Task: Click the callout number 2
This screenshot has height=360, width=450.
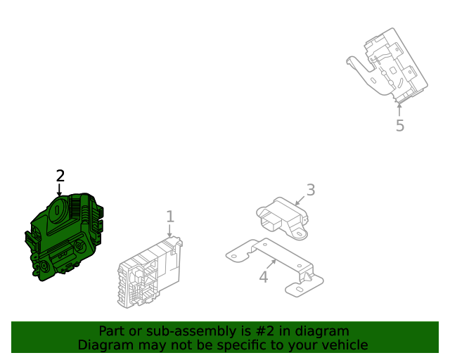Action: pos(60,176)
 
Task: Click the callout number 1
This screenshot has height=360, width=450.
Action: pos(170,217)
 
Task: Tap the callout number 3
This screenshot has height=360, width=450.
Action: pos(311,190)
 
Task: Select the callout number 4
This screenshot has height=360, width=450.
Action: pos(264,277)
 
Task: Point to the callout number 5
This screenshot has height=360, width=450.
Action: pos(400,125)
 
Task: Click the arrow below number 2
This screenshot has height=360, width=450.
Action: pos(59,190)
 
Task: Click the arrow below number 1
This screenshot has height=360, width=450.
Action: pos(169,231)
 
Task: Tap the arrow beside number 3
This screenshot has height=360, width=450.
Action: pos(300,200)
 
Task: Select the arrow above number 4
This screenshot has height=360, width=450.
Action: pos(271,264)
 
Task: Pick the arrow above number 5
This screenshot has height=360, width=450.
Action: pos(399,110)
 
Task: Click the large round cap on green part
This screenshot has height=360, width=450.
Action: pos(58,210)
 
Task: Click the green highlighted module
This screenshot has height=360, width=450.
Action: pos(64,237)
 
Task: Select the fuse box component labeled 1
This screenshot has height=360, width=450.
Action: pos(150,272)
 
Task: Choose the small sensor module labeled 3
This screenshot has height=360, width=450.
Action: pos(282,218)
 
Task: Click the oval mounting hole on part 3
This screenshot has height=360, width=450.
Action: pos(299,234)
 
